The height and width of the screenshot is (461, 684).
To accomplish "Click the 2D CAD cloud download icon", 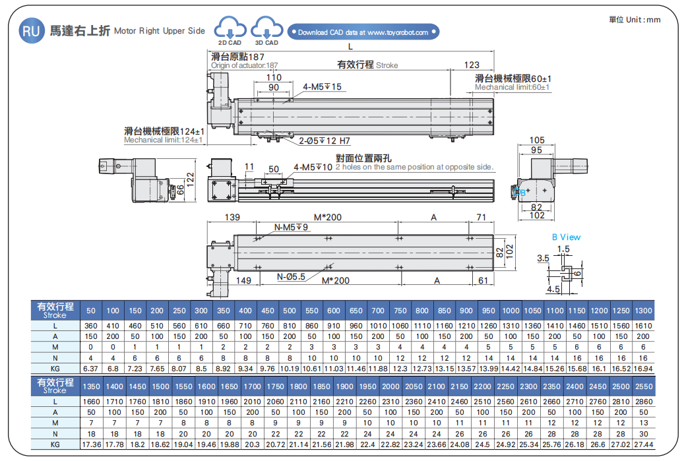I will [x=230, y=29].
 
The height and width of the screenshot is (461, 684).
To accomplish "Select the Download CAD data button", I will [x=363, y=32].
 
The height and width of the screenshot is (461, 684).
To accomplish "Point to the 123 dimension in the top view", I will [x=472, y=65].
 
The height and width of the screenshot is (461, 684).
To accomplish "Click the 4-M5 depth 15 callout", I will [x=323, y=87].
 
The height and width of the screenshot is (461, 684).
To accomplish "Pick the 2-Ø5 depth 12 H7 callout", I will [x=325, y=140].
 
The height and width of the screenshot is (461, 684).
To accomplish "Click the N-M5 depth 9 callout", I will [x=291, y=227].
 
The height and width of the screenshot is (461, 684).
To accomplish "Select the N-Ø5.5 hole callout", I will [x=292, y=276].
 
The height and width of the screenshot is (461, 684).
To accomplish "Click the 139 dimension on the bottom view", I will [x=232, y=217].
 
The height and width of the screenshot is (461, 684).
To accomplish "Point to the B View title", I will [x=566, y=237].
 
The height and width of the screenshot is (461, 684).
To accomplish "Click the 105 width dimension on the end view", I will [x=537, y=140].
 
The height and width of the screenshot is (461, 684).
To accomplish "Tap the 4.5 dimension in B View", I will [x=553, y=288].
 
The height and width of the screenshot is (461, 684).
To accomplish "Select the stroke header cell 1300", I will [x=643, y=311].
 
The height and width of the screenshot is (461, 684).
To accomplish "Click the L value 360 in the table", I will [x=91, y=326].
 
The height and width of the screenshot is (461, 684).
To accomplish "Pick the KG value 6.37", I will [x=91, y=368].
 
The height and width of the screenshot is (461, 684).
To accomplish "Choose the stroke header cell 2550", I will [x=643, y=386].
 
